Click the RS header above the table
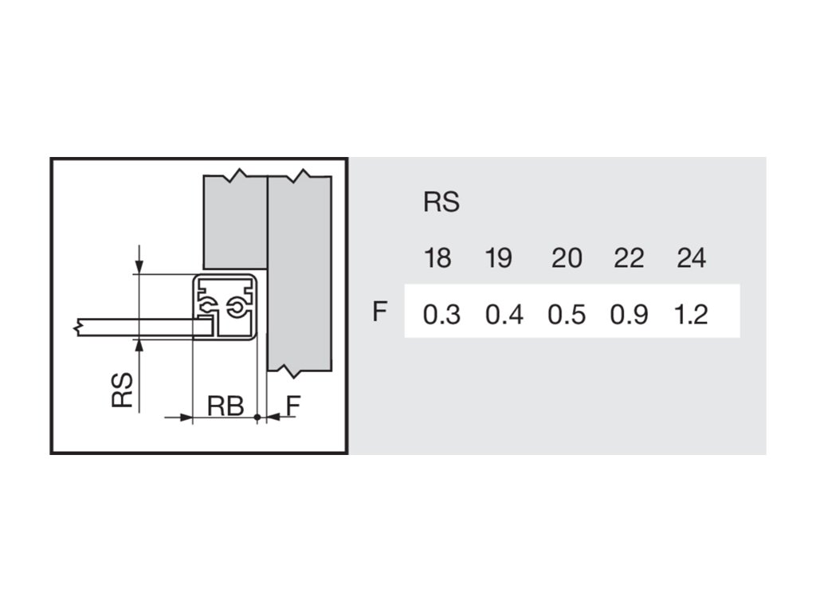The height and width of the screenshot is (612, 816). click(441, 202)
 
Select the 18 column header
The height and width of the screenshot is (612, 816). click(437, 258)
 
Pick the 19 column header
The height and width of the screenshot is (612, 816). click(498, 258)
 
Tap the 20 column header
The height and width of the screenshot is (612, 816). click(567, 258)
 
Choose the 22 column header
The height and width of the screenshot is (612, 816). click(629, 258)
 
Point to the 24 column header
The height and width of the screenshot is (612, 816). click(691, 258)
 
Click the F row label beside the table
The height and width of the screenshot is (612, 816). click(380, 312)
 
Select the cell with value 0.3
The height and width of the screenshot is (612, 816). click(441, 315)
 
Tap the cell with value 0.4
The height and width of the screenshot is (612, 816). click(504, 315)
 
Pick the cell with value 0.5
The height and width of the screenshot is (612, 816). click(567, 315)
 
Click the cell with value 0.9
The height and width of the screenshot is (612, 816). click(629, 315)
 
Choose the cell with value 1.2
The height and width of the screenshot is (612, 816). click(691, 315)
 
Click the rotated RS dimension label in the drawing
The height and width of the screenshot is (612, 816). click(122, 390)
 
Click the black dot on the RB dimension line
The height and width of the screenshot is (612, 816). click(257, 417)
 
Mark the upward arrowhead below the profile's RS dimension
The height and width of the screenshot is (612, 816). click(139, 344)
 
